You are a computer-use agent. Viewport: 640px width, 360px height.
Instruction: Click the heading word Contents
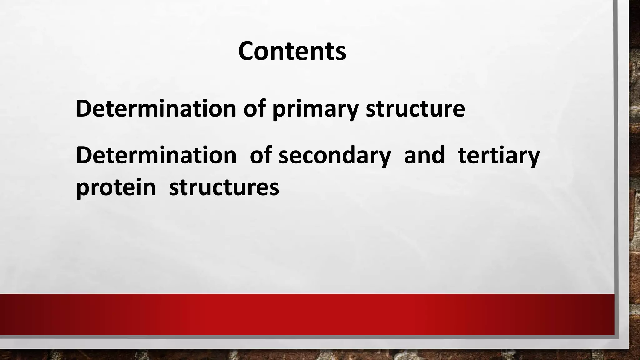click(292, 51)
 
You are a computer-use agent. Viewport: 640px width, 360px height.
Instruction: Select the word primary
click(315, 109)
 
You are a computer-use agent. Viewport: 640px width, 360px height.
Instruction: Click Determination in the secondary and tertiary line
click(156, 155)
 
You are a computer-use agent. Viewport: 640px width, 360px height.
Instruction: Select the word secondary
click(335, 156)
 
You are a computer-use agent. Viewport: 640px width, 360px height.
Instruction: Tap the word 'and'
click(424, 155)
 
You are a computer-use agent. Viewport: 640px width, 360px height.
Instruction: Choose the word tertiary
click(499, 156)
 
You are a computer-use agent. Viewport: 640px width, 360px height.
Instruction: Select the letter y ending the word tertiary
click(533, 158)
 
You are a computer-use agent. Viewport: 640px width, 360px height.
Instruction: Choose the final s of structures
click(274, 189)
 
